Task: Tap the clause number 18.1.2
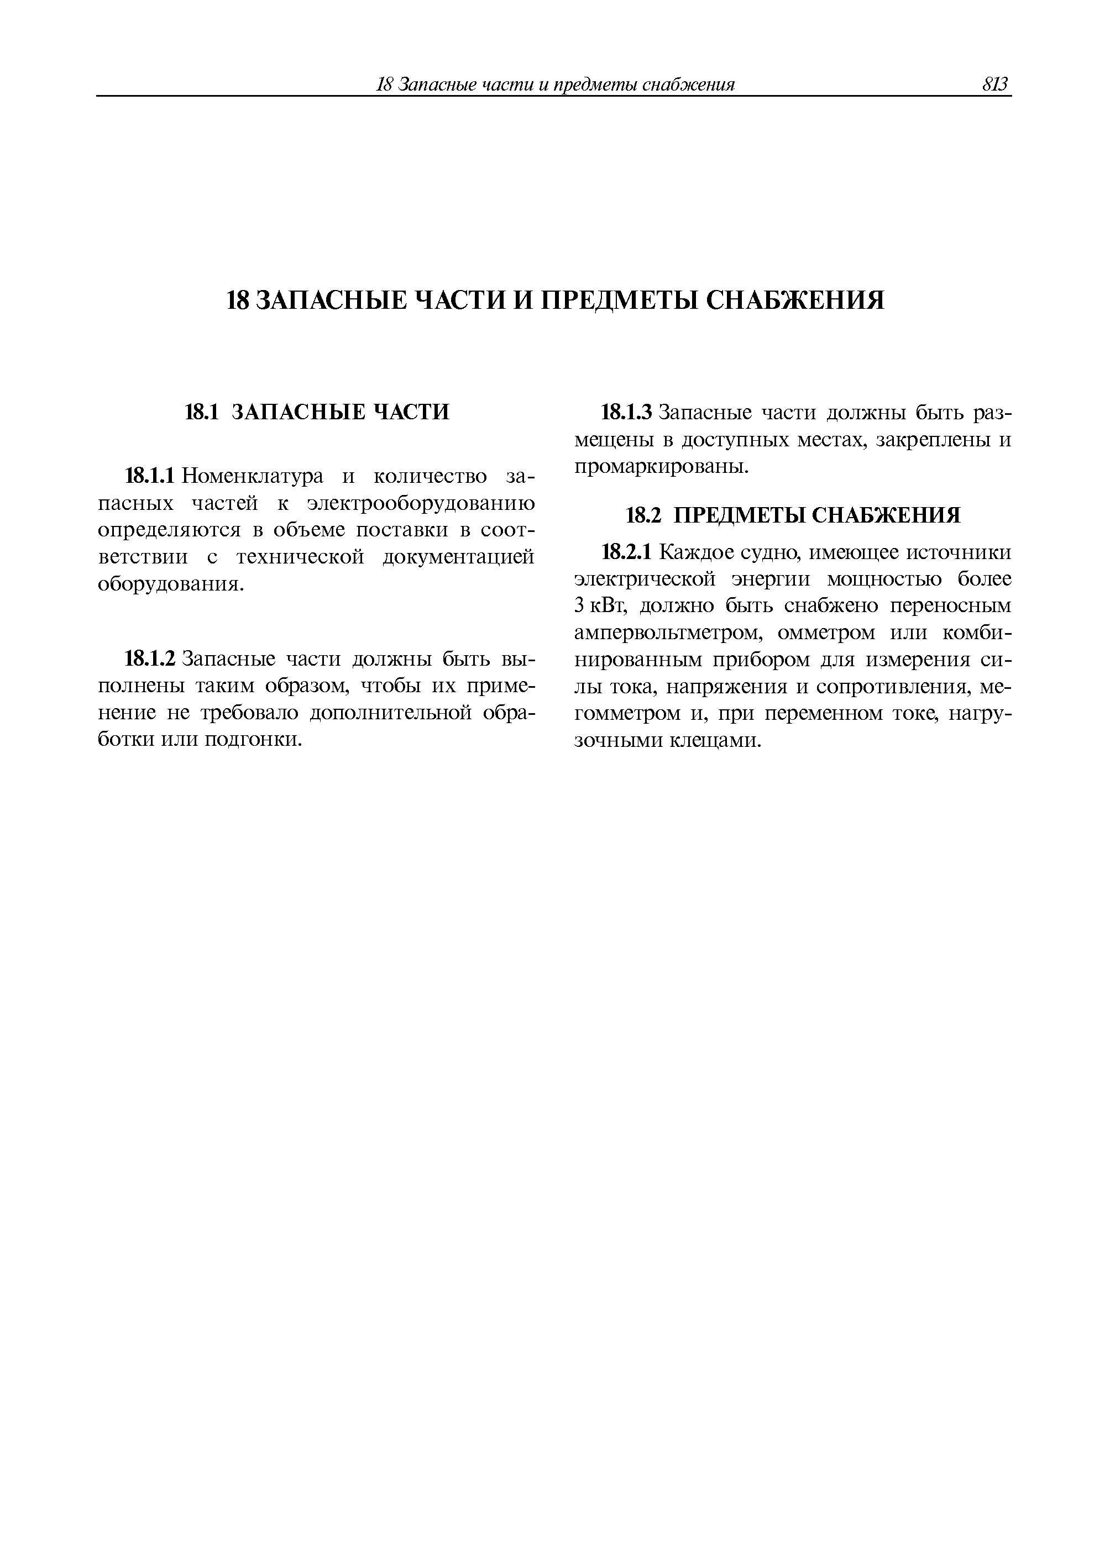pyautogui.click(x=151, y=658)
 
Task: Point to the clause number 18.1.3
pyautogui.click(x=627, y=413)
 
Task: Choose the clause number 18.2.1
pyautogui.click(x=627, y=551)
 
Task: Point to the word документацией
pyautogui.click(x=458, y=557)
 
